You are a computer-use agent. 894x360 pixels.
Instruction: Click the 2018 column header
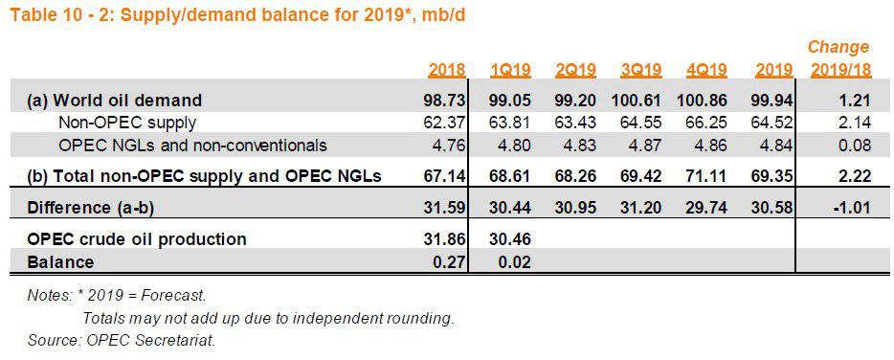point(447,70)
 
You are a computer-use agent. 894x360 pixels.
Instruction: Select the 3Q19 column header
point(642,70)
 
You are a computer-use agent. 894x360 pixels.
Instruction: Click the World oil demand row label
point(115,101)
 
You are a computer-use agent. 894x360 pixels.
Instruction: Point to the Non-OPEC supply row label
point(127,123)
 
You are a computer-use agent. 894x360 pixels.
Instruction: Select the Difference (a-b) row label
point(91,207)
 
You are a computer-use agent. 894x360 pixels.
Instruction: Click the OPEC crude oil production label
point(137,238)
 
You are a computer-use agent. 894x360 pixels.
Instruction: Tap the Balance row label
point(60,262)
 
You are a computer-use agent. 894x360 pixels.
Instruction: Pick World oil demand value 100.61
point(637,101)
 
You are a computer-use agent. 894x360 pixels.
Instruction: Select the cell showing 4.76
point(451,145)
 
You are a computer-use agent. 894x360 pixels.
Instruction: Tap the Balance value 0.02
point(515,262)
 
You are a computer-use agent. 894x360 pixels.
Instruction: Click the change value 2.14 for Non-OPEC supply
point(855,123)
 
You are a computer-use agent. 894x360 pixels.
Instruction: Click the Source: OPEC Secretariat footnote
point(122,341)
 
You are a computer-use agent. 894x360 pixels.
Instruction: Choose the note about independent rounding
point(269,319)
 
